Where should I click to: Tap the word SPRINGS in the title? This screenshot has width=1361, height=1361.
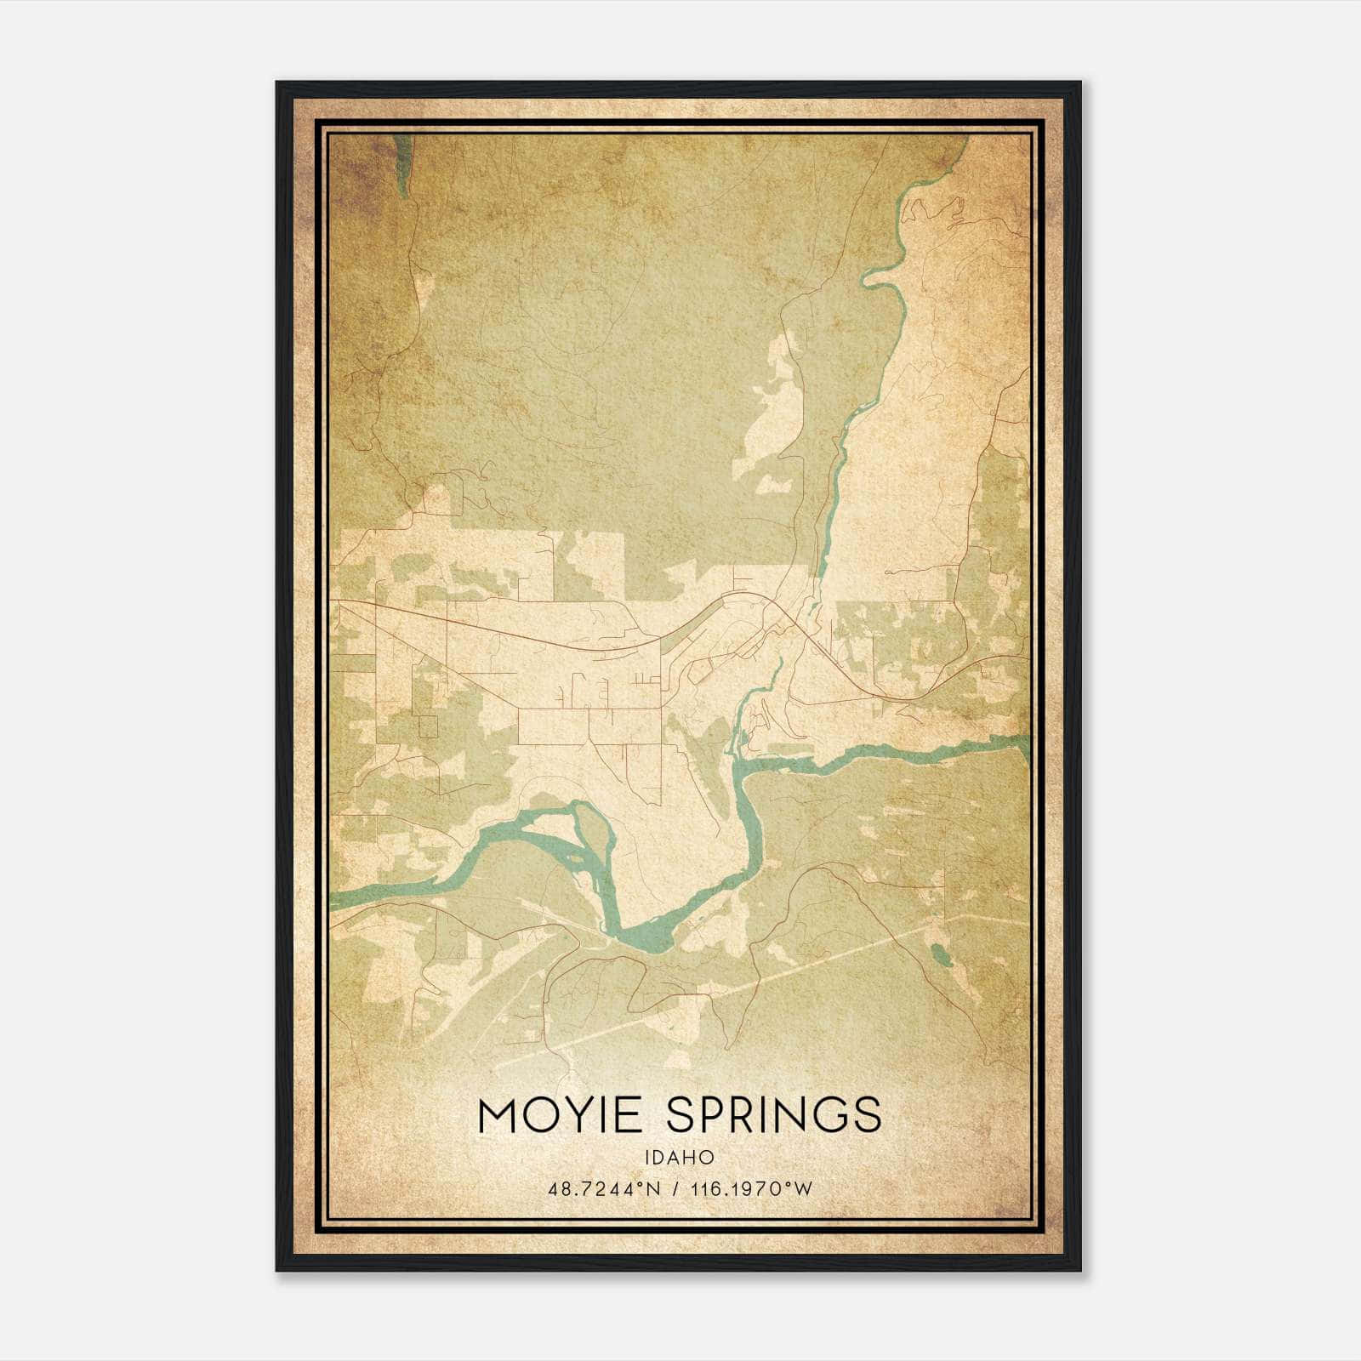click(774, 1115)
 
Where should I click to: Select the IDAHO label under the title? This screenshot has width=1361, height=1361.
click(680, 1157)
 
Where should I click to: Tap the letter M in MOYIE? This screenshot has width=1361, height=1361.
click(500, 1115)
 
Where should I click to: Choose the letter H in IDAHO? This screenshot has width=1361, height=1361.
click(691, 1157)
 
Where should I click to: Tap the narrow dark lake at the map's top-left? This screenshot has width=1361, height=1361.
click(402, 166)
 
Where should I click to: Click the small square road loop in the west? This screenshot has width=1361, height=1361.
click(427, 726)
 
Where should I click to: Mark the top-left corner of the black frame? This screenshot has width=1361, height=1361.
click(277, 83)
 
